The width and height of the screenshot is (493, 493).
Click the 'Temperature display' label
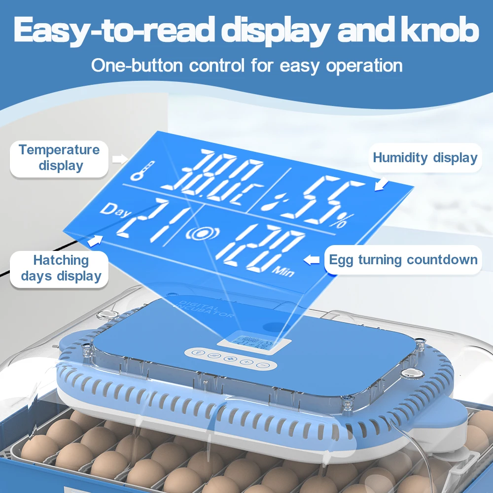click(x=59, y=158)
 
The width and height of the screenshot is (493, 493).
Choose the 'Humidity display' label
click(x=425, y=158)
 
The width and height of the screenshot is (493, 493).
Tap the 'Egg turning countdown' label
click(x=403, y=260)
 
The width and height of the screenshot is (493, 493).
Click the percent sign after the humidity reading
click(x=339, y=221)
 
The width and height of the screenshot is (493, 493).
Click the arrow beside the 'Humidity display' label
click(x=382, y=184)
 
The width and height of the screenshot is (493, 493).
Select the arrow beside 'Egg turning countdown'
click(x=312, y=259)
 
